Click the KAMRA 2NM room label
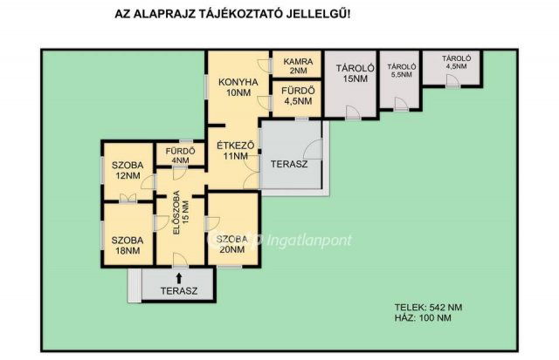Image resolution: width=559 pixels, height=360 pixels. pyautogui.click(x=298, y=66)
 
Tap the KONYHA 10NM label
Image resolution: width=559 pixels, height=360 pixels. pyautogui.click(x=238, y=87)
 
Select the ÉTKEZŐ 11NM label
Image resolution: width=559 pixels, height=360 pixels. pyautogui.click(x=236, y=151)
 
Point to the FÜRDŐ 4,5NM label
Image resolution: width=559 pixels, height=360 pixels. pyautogui.click(x=298, y=96)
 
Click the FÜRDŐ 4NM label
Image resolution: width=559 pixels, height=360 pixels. pyautogui.click(x=181, y=155)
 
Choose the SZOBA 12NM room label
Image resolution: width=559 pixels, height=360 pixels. pyautogui.click(x=128, y=170)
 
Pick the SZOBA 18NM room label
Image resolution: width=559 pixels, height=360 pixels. pyautogui.click(x=128, y=246)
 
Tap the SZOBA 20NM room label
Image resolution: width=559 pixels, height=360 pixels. pyautogui.click(x=232, y=244)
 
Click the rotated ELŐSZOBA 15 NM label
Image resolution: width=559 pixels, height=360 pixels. pyautogui.click(x=181, y=213)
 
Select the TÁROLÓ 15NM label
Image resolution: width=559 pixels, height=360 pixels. pyautogui.click(x=355, y=73)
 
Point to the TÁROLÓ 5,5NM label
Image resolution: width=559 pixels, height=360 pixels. pyautogui.click(x=402, y=71)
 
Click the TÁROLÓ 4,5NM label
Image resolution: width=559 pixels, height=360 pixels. pyautogui.click(x=456, y=62)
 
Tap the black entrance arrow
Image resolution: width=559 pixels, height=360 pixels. pyautogui.click(x=179, y=278)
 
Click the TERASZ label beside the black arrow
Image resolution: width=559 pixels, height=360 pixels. pyautogui.click(x=179, y=291)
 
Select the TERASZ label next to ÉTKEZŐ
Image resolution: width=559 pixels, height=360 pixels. pyautogui.click(x=289, y=165)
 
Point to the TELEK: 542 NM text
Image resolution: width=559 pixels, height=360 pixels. pyautogui.click(x=428, y=308)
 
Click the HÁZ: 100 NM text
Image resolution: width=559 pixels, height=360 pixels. pyautogui.click(x=423, y=318)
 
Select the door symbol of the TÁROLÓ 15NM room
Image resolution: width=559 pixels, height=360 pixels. pyautogui.click(x=353, y=112)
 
